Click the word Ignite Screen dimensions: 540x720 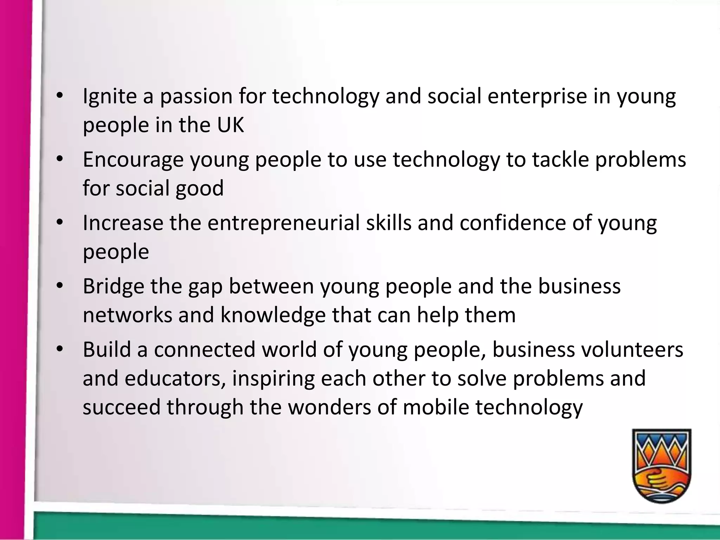(110, 97)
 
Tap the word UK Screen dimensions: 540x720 (230, 125)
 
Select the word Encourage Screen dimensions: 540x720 (133, 160)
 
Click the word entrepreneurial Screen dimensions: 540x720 (283, 223)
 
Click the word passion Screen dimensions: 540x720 (196, 97)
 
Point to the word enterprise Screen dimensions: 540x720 (537, 97)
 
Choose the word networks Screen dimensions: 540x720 (127, 315)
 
